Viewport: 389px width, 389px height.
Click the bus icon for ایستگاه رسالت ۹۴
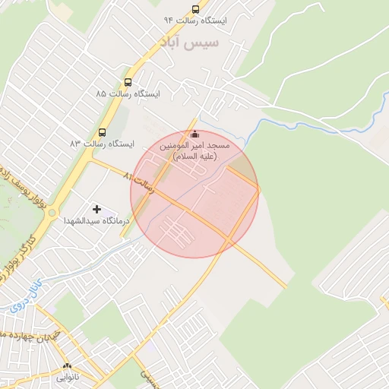tap(195, 10)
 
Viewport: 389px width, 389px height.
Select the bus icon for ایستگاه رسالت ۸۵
tap(128, 82)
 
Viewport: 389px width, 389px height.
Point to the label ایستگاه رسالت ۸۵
tap(127, 93)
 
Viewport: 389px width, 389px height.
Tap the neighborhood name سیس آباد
tap(189, 43)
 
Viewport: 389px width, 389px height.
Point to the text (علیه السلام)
tap(195, 157)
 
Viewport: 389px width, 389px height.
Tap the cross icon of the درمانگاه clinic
tap(96, 209)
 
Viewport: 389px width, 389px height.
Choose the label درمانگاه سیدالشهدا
tap(96, 220)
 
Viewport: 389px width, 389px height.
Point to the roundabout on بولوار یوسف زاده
tap(51, 213)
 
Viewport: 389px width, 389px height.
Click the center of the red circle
tap(194, 194)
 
